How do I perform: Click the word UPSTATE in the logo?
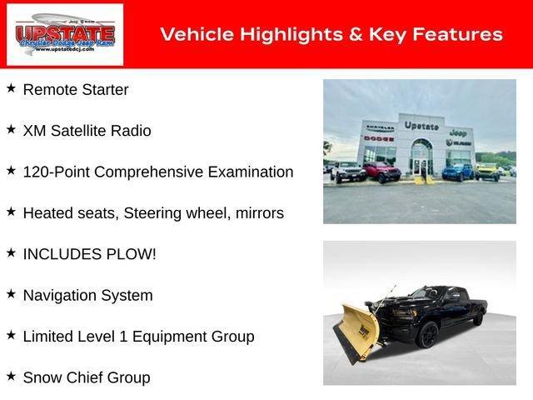point(65,32)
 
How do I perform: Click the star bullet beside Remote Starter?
point(11,87)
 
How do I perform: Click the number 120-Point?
point(57,172)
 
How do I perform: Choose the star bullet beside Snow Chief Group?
point(11,377)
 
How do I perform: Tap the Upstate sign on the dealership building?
point(421,126)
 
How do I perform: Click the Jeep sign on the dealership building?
point(456,132)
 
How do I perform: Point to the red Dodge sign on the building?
point(378,137)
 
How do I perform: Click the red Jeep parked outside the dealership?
point(381,171)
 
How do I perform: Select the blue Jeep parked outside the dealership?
point(456,172)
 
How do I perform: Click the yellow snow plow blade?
point(356,329)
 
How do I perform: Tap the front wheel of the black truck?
point(427,335)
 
